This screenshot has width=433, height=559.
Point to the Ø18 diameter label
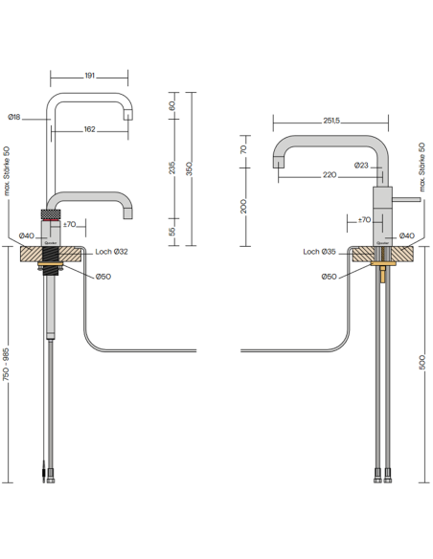(14, 116)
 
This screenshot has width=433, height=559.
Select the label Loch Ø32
(112, 254)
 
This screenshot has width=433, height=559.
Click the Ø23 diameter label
(361, 166)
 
